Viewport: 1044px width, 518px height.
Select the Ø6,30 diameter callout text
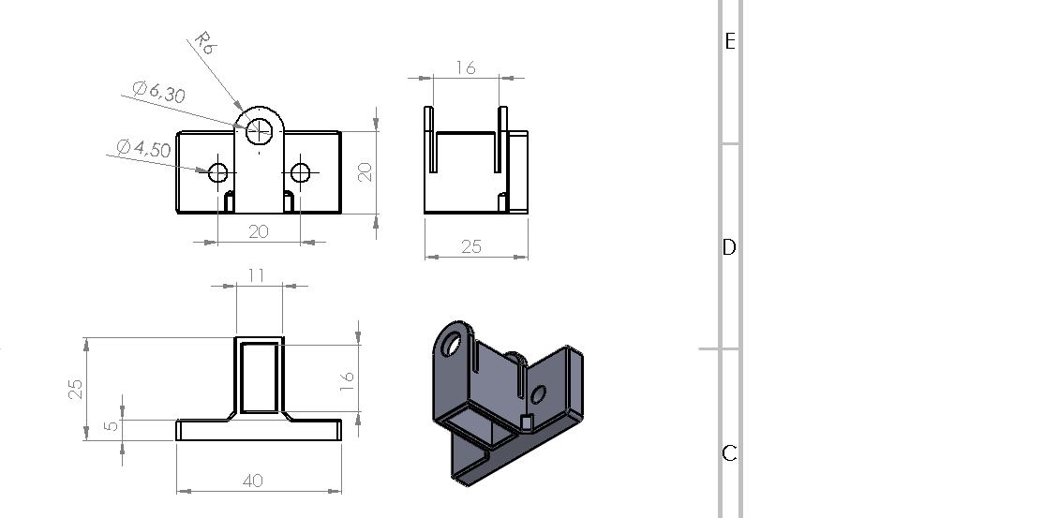[x=158, y=91]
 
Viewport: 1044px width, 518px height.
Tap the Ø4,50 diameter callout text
[x=143, y=148]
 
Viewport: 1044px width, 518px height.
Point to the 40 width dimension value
[x=253, y=480]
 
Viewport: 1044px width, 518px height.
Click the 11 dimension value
[x=257, y=275]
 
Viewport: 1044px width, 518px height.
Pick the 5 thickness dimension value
[x=112, y=424]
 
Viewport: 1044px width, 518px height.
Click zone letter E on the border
[x=730, y=41]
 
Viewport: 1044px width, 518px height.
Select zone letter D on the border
[x=730, y=247]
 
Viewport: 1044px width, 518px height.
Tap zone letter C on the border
[x=730, y=453]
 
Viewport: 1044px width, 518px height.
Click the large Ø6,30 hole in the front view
[x=259, y=131]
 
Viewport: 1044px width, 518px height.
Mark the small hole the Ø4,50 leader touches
[x=218, y=172]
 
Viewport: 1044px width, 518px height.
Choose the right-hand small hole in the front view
[x=300, y=172]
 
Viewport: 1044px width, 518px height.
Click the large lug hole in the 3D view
[x=452, y=344]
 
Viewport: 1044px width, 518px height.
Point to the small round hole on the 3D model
[x=538, y=395]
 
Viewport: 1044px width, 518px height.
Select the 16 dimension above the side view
[x=466, y=68]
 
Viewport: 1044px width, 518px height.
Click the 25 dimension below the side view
[x=471, y=246]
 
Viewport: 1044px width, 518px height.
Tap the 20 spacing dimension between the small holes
[x=259, y=231]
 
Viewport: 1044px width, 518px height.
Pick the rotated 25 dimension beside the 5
[x=76, y=389]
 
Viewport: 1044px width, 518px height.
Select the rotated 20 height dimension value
[x=365, y=172]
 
